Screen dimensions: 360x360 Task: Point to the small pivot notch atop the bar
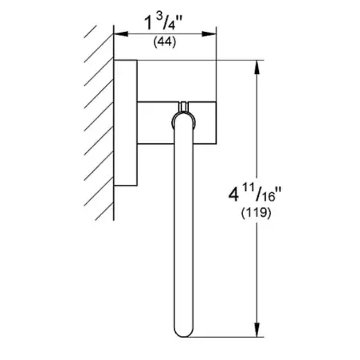(x=183, y=106)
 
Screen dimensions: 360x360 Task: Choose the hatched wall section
(x=97, y=119)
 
